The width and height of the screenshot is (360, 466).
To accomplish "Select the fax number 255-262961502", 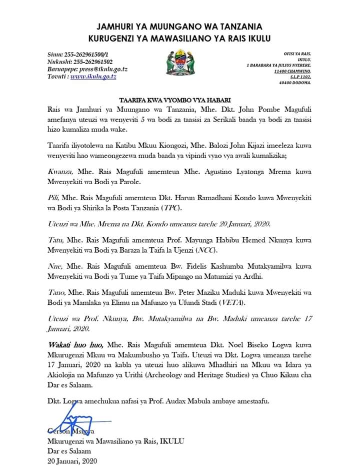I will pyautogui.click(x=88, y=62).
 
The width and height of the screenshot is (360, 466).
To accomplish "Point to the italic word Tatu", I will pyautogui.click(x=55, y=240).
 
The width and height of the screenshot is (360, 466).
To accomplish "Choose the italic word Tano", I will pyautogui.click(x=56, y=293).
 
